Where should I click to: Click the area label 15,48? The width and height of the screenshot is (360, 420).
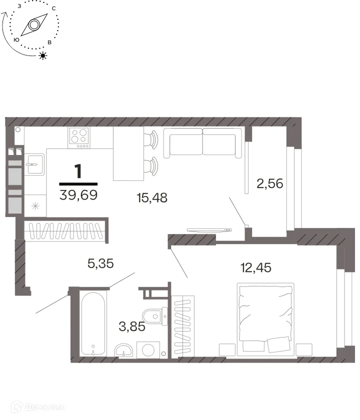152,197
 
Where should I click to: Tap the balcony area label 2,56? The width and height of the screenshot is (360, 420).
269,183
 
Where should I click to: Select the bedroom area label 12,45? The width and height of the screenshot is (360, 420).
256,267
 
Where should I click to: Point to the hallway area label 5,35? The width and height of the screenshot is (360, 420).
100,263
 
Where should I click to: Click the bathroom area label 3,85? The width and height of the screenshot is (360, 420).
132,326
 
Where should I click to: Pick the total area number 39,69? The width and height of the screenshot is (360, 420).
78,195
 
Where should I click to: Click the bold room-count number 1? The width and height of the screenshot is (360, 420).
78,171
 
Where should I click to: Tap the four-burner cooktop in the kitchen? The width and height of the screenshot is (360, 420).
79,137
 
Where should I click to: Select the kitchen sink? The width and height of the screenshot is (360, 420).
34,164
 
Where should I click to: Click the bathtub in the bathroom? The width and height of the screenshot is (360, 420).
93,323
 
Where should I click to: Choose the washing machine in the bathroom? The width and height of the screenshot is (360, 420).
148,350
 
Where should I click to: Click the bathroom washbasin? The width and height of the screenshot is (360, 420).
124,350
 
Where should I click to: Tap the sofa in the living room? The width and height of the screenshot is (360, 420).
203,143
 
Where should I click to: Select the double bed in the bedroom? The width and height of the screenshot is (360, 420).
265,319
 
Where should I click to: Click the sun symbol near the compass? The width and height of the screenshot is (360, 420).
43,55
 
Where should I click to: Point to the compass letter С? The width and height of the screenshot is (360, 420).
54,8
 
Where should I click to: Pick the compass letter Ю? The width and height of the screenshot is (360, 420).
16,39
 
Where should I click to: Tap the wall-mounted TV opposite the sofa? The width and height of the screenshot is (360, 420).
209,230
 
